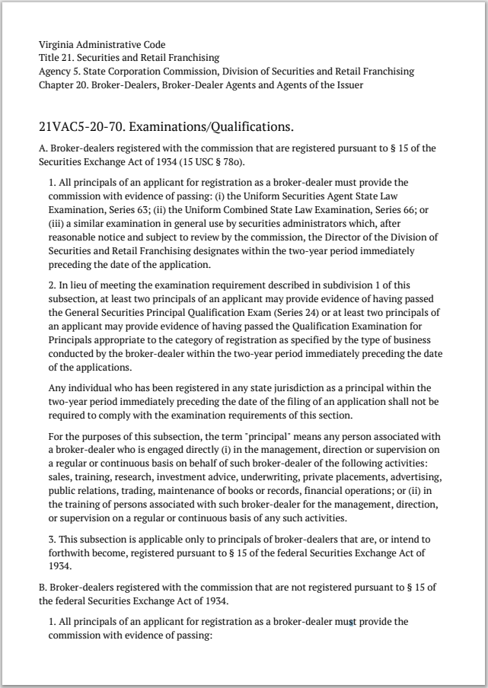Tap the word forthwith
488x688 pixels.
[74, 554]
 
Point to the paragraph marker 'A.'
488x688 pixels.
[43, 148]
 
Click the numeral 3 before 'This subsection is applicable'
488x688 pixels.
[51, 540]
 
